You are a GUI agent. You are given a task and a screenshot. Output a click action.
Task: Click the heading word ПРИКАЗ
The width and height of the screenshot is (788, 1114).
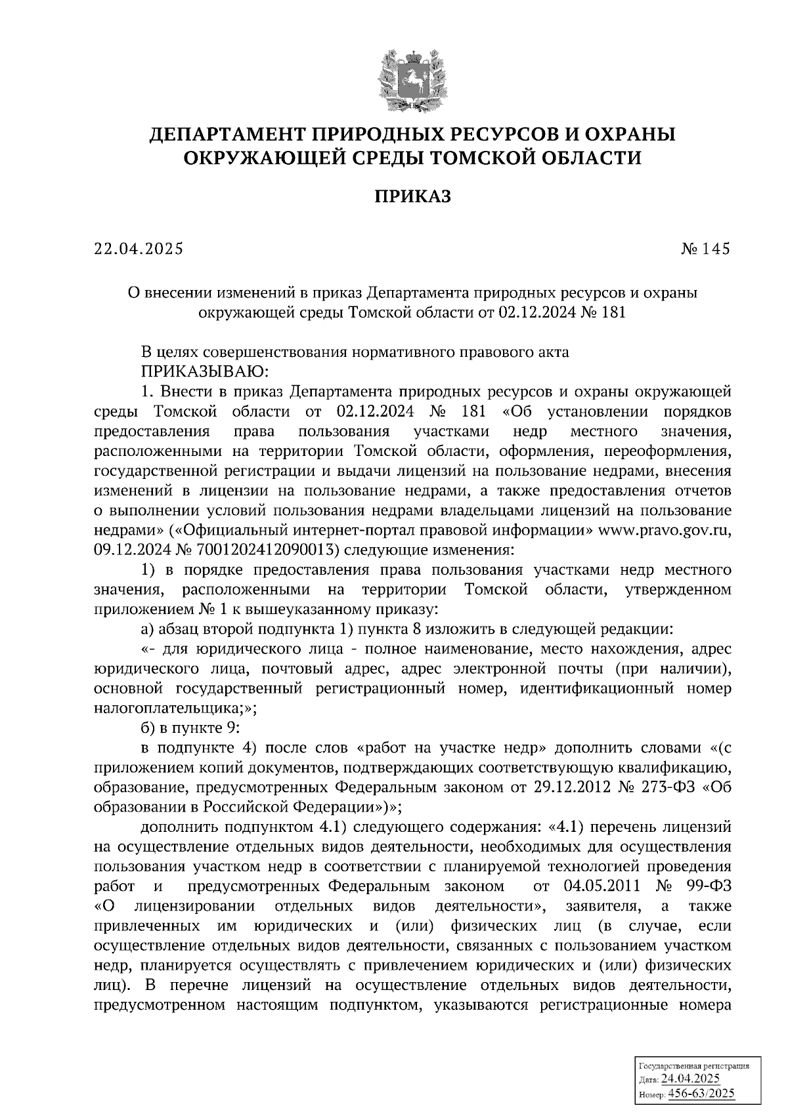(x=412, y=196)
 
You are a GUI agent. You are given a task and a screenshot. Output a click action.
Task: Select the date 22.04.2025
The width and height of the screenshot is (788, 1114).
(x=139, y=249)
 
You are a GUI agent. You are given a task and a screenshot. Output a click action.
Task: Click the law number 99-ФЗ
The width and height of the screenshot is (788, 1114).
(x=710, y=886)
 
